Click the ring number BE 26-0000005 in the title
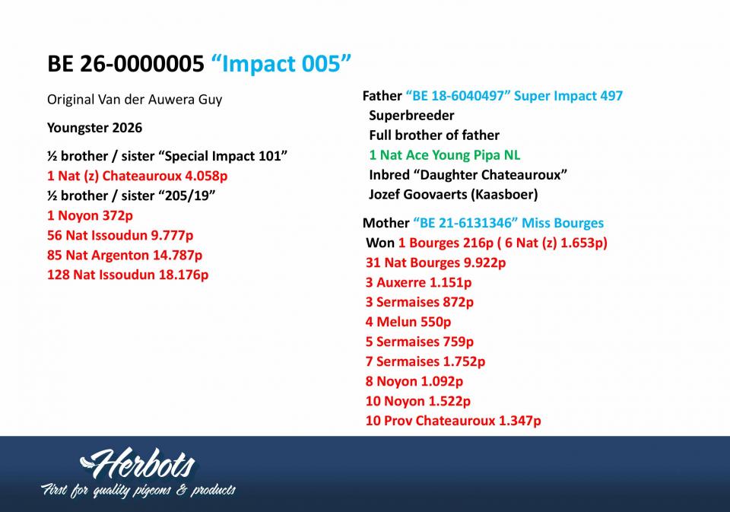[125, 63]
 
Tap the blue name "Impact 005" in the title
[281, 63]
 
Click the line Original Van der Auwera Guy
[135, 100]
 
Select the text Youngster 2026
[94, 128]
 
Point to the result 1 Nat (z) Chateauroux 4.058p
[138, 176]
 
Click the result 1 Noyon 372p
[90, 216]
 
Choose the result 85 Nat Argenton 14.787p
[125, 256]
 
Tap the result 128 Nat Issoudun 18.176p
[128, 275]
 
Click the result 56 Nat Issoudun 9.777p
[120, 235]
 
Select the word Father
[382, 96]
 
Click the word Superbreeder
[411, 116]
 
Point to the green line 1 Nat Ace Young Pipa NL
[445, 155]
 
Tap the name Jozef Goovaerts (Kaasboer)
[453, 194]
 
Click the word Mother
[386, 223]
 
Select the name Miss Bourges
[563, 223]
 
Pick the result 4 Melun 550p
[408, 322]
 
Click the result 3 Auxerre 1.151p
[418, 282]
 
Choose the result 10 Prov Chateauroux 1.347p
[453, 421]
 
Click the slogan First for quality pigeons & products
[138, 491]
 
